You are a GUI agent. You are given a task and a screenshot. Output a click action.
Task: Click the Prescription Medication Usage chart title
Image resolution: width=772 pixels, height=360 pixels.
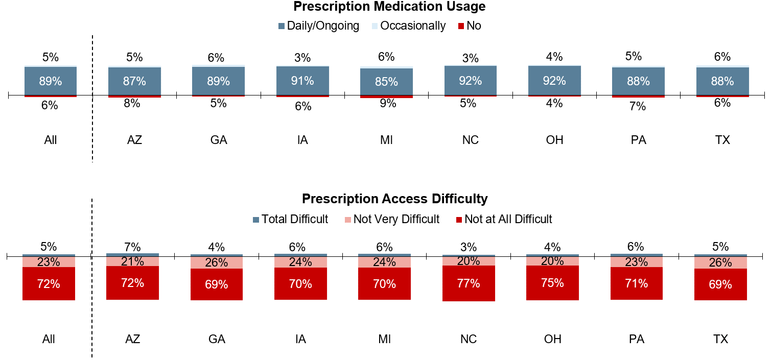389,7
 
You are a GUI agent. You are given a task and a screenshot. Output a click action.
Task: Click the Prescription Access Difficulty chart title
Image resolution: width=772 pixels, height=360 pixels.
394,199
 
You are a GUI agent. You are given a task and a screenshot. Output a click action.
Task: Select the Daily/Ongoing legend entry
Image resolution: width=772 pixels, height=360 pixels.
319,26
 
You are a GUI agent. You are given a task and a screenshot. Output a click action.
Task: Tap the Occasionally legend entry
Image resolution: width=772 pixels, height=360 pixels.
409,26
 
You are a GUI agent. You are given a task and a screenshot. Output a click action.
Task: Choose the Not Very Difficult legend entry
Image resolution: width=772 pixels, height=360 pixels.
392,219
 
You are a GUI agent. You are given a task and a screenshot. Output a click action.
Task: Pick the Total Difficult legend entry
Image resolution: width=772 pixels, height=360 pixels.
291,219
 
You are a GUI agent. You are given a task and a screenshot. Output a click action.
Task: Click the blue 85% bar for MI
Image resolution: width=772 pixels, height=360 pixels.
386,82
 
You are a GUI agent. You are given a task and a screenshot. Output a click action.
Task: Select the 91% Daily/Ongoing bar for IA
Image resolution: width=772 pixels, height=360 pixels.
302,81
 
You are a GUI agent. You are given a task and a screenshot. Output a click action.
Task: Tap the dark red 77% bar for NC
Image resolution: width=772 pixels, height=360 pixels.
469,283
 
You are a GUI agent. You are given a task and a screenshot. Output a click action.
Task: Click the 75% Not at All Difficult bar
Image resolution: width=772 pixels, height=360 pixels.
552,283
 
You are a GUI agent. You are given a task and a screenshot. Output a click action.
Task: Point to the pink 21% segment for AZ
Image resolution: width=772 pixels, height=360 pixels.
132,261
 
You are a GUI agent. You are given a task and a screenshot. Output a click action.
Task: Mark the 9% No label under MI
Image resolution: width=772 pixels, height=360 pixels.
388,103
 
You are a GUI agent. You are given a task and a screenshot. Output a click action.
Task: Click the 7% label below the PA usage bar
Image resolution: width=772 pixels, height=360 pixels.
638,106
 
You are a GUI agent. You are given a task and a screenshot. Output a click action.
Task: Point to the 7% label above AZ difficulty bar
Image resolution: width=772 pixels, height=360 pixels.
132,247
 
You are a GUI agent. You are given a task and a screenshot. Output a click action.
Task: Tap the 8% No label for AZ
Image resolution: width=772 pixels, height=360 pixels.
132,103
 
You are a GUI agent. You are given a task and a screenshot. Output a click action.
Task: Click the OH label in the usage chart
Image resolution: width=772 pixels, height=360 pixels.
554,140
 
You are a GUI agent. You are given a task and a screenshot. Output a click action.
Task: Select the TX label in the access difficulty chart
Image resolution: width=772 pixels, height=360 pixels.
720,339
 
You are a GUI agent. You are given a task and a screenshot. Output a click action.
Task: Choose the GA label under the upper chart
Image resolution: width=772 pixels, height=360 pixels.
219,140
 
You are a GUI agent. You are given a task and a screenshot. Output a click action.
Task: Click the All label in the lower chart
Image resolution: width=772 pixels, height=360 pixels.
49,339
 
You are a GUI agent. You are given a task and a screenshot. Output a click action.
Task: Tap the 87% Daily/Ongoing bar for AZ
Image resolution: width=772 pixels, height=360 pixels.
134,81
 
